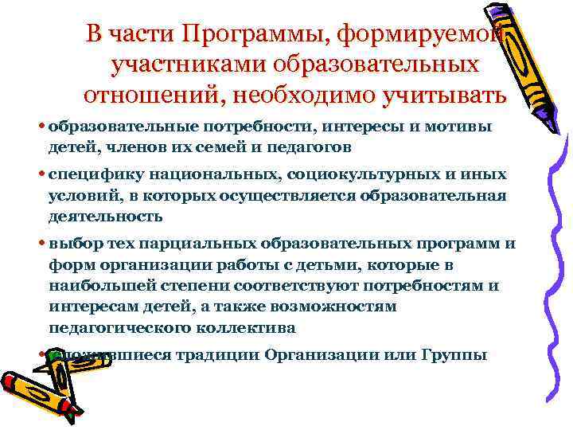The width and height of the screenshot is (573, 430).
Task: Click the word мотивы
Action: pos(463,127)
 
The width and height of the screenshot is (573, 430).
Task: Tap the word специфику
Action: pos(88,174)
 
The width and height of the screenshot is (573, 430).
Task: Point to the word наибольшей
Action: pos(96,285)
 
